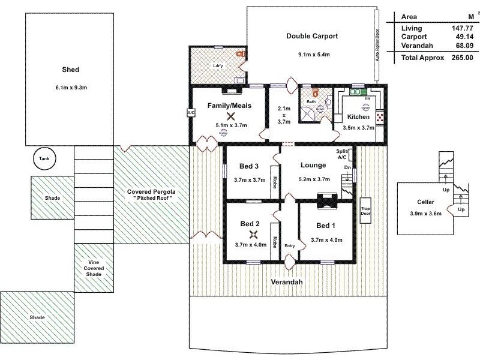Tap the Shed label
(x=71, y=69)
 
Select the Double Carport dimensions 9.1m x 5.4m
(x=312, y=55)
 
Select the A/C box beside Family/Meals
(x=191, y=112)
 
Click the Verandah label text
(x=286, y=282)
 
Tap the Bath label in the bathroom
(x=311, y=102)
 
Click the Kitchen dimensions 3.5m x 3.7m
(x=358, y=127)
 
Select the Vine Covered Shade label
(x=93, y=268)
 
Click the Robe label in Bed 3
(x=275, y=182)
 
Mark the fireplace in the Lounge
(x=327, y=200)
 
